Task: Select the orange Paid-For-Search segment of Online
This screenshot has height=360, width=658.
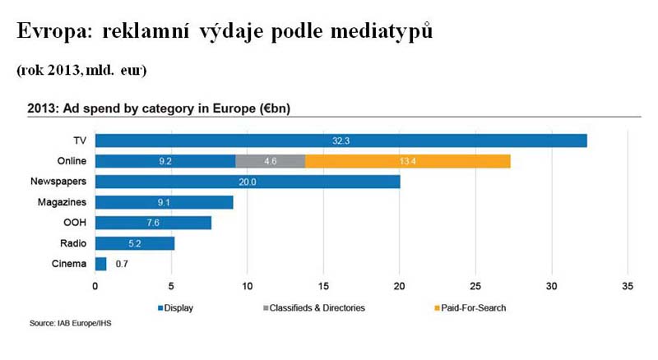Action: tap(408, 161)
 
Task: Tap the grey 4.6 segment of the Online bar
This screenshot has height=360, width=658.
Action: tap(270, 161)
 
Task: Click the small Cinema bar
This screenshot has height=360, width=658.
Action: tap(100, 264)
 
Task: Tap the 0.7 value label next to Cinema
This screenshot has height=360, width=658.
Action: tap(121, 264)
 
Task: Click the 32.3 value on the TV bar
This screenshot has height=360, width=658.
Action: tap(341, 141)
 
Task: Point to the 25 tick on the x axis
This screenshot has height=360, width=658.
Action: tap(476, 286)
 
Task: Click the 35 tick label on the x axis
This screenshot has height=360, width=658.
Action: tap(628, 286)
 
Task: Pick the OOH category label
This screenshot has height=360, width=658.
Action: tap(74, 223)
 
